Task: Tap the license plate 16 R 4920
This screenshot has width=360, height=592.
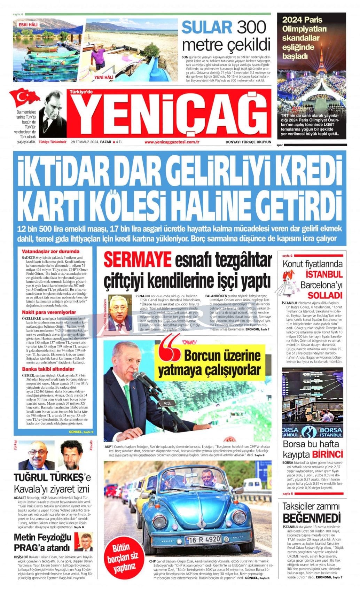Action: (x=203, y=539)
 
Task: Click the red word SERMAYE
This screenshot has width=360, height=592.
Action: (x=138, y=259)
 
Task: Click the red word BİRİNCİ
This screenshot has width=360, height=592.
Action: (x=327, y=454)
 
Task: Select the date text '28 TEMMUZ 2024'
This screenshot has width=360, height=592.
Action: (x=85, y=142)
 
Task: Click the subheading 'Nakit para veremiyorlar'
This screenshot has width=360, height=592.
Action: (x=49, y=312)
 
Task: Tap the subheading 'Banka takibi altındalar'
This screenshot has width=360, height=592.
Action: (x=48, y=369)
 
